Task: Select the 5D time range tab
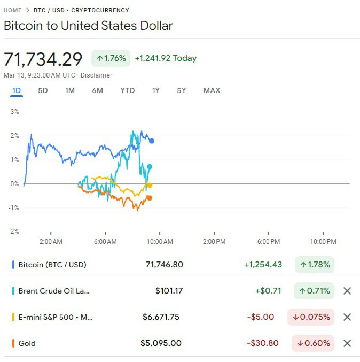point(43,90)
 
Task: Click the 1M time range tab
point(70,90)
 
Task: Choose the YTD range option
point(128,90)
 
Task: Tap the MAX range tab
point(212,90)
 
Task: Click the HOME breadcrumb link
point(13,10)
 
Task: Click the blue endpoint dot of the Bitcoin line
point(152,141)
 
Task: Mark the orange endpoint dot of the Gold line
point(150,198)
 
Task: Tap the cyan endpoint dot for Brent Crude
point(150,167)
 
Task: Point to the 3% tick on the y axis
point(14,112)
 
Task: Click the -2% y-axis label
point(13,232)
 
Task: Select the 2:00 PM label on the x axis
point(214,242)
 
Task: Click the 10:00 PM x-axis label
point(324,242)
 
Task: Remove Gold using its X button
point(347,343)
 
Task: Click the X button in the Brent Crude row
point(347,291)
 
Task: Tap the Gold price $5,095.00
point(161,343)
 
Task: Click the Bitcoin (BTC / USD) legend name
point(52,265)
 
